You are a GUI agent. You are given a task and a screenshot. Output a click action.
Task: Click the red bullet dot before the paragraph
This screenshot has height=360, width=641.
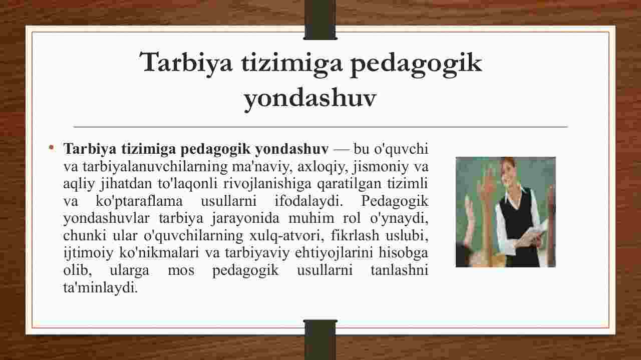coord(52,148)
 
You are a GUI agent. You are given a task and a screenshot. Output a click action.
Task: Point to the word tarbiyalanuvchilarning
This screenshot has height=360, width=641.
coord(155,167)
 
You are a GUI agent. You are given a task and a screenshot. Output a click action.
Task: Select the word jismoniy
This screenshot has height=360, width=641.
coord(381,167)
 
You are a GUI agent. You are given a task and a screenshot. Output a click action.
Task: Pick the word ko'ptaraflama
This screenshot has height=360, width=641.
coord(139,201)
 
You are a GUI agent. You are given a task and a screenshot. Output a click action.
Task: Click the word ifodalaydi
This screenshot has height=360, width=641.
coord(309,201)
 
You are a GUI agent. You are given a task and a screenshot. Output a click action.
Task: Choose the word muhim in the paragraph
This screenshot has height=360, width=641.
coord(311,218)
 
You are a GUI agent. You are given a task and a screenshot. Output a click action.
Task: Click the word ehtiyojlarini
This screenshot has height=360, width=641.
coord(334,253)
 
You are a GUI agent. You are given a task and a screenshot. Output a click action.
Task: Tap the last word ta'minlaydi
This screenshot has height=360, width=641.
coord(101,287)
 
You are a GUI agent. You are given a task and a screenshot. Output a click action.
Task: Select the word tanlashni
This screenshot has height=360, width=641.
coord(399,270)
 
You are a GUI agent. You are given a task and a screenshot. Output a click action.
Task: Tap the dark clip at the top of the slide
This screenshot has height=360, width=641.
coord(320,20)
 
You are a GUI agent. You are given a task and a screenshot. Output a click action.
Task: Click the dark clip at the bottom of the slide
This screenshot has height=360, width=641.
coord(320,339)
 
